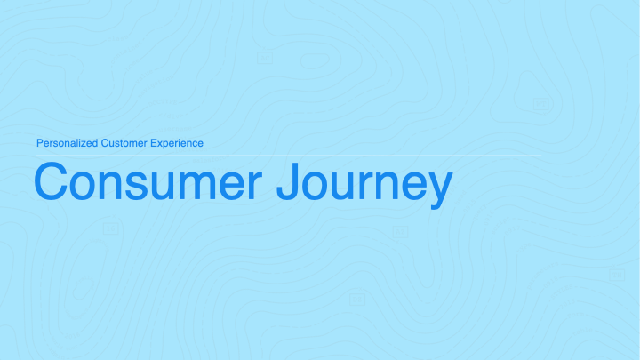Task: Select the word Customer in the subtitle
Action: click(124, 143)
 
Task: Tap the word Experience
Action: click(177, 143)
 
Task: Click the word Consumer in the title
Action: click(148, 181)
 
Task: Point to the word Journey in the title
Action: click(364, 185)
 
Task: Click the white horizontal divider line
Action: click(289, 156)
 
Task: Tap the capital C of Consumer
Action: click(51, 181)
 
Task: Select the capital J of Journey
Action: click(289, 181)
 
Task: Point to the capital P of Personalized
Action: click(40, 143)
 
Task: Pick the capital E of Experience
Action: click(154, 143)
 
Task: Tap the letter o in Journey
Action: click(318, 187)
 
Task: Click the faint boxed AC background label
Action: click(265, 59)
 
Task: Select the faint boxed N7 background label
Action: click(540, 104)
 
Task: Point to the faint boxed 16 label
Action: click(110, 229)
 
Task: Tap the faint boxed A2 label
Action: click(400, 232)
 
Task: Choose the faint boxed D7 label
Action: click(357, 300)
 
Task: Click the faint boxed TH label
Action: click(617, 275)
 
